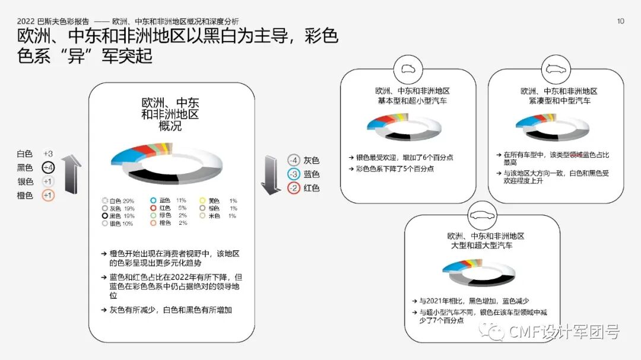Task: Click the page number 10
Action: click(621, 21)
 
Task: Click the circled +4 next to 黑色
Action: click(48, 168)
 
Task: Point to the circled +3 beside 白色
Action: click(48, 154)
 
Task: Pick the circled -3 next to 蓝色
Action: click(293, 174)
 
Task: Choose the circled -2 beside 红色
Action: click(293, 188)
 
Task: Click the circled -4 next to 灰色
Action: click(293, 160)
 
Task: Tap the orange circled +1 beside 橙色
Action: click(48, 195)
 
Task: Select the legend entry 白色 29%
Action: click(119, 201)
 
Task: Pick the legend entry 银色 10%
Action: click(119, 224)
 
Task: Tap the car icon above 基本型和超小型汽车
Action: click(408, 68)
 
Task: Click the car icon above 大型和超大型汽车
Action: click(482, 215)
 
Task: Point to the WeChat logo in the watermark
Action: click(494, 332)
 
